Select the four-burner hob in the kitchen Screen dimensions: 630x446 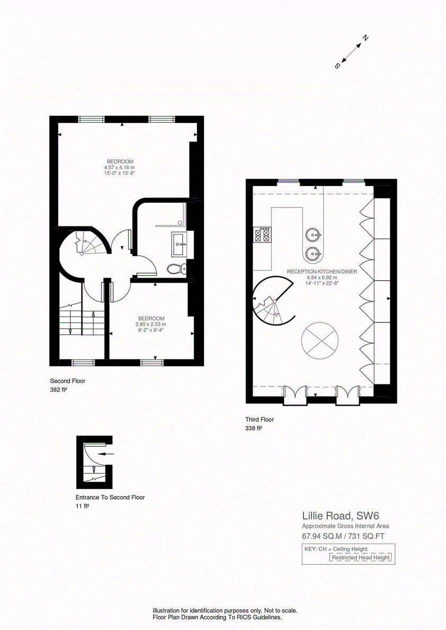click(262, 235)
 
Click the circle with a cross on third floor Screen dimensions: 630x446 click(319, 339)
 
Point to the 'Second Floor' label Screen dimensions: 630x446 click(67, 381)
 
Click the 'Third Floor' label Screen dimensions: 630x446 click(260, 419)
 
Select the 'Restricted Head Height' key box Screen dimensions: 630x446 click(361, 557)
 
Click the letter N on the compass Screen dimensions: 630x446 click(365, 38)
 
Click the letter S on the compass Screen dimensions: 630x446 click(336, 66)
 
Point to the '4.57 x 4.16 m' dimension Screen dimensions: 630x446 click(120, 167)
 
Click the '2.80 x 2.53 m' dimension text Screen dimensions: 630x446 click(150, 324)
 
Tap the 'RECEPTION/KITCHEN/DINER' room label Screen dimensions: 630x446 click(322, 272)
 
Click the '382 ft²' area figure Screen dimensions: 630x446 click(58, 390)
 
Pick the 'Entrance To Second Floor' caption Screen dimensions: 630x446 click(110, 498)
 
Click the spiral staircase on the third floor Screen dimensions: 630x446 click(271, 302)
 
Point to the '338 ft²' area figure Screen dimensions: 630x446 click(254, 428)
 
